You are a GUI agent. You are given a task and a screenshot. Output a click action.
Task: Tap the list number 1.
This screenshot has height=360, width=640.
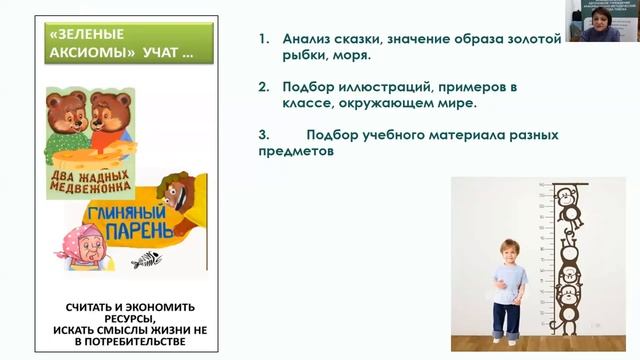[262, 40]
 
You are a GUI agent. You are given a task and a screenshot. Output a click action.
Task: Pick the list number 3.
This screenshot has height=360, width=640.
[262, 134]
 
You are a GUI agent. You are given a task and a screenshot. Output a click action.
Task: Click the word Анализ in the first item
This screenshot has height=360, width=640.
[305, 40]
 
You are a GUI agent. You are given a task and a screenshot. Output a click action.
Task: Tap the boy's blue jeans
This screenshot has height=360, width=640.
[509, 318]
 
